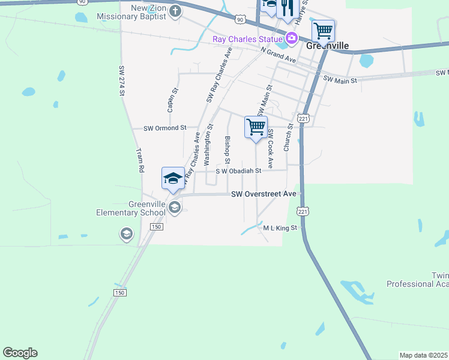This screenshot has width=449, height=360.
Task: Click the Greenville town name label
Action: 327,46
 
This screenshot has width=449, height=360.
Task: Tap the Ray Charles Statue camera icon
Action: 292,39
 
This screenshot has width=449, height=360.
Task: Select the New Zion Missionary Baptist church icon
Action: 175,11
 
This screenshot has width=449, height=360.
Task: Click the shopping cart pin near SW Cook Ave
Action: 256,127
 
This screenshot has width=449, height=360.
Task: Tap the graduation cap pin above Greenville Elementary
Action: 173,178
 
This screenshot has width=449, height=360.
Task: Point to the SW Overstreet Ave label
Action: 264,194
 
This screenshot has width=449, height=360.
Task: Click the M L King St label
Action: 280,228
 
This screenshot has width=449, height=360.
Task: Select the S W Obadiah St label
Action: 239,171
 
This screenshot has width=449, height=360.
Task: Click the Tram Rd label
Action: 140,160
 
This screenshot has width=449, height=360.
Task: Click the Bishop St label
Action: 227,149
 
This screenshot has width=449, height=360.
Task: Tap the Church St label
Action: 289,137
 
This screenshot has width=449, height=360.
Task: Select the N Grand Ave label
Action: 279,56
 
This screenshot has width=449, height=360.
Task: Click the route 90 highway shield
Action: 240,20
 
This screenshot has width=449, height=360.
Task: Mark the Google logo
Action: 20,353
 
